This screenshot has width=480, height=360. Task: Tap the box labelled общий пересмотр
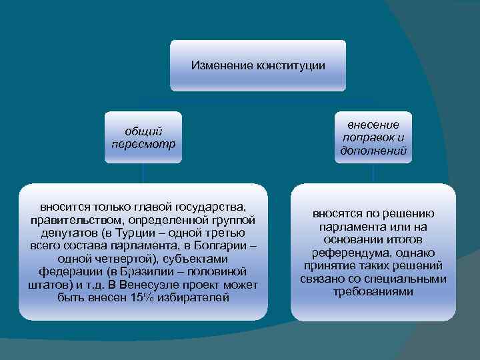click(143, 137)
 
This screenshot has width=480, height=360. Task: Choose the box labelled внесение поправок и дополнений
click(373, 137)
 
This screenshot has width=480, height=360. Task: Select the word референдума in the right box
click(347, 253)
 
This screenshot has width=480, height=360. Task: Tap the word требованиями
click(373, 291)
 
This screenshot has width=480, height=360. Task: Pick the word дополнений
click(373, 151)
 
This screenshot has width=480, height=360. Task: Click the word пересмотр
click(143, 143)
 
